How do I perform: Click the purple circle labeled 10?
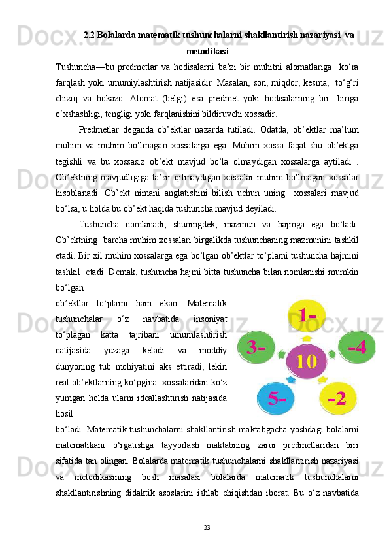pyautogui.click(x=307, y=361)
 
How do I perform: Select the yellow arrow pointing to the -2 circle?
pyautogui.click(x=322, y=380)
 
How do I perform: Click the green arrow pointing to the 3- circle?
pyautogui.click(x=281, y=356)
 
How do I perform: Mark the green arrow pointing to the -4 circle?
pyautogui.click(x=332, y=355)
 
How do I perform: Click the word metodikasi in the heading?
pyautogui.click(x=207, y=50)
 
